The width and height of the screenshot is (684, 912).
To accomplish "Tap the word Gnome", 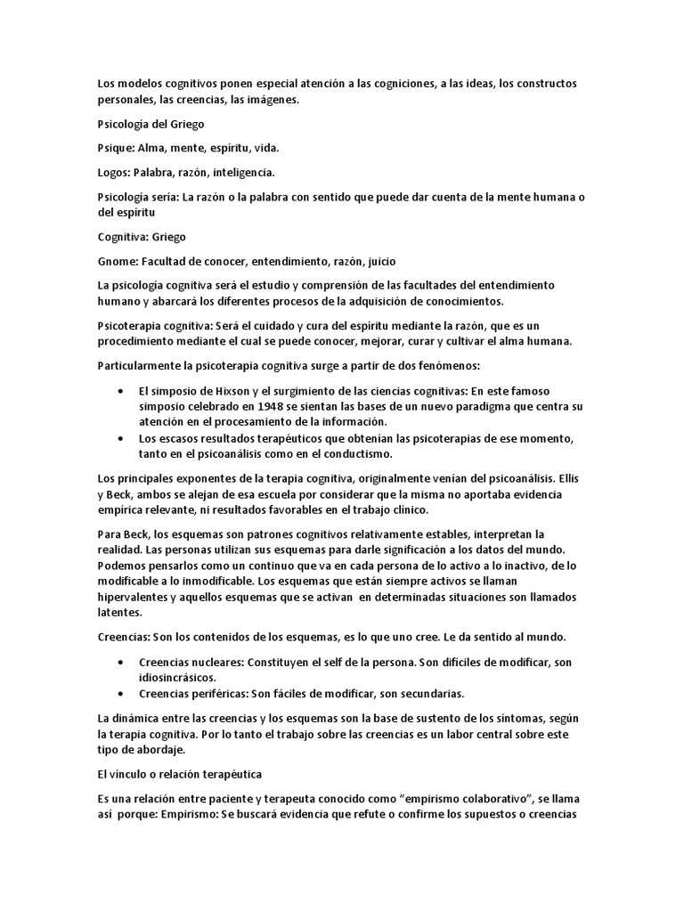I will [117, 261].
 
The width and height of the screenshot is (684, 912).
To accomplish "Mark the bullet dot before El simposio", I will [121, 391].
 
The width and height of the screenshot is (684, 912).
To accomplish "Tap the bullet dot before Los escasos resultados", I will [121, 438].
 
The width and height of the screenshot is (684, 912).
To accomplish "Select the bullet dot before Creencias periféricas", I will [121, 692].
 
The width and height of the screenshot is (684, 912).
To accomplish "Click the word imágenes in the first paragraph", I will [269, 101].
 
